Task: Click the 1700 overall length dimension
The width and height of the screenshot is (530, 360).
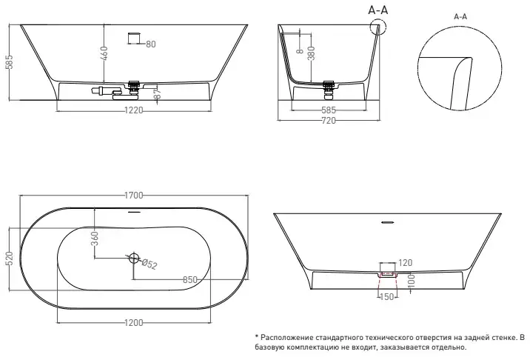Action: [x=134, y=196]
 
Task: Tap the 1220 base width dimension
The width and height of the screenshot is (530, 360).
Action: [x=134, y=110]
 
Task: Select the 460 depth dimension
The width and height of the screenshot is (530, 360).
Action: [x=104, y=53]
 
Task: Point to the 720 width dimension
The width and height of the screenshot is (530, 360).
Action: [x=329, y=121]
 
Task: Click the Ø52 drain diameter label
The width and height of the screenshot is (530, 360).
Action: [x=149, y=264]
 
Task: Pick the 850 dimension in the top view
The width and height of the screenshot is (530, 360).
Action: [x=190, y=280]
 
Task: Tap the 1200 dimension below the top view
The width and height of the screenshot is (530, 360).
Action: [x=134, y=323]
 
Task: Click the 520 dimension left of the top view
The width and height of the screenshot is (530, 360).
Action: [x=10, y=259]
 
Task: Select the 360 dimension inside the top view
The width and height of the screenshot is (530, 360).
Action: [x=95, y=239]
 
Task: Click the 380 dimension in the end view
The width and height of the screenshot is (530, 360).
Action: [x=312, y=53]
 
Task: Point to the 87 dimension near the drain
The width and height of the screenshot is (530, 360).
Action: [x=158, y=94]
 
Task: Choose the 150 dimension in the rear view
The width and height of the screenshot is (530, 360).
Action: [x=387, y=297]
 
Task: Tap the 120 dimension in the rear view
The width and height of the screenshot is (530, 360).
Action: [x=406, y=262]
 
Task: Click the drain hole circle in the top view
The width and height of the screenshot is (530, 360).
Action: [x=134, y=259]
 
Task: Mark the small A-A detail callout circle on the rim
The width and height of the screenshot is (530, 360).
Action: [x=378, y=27]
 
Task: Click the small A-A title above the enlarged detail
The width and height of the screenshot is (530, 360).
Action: [x=460, y=16]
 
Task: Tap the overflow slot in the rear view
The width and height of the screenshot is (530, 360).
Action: [x=388, y=222]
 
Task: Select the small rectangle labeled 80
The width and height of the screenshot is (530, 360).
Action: [x=134, y=39]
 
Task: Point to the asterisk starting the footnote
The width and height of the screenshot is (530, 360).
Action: [x=257, y=336]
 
